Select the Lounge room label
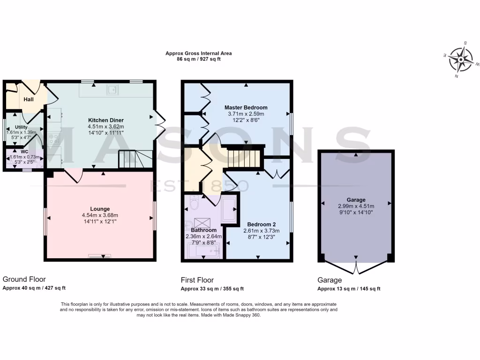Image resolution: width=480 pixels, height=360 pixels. pyautogui.click(x=100, y=209)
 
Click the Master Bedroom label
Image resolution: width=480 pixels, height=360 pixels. pyautogui.click(x=246, y=107)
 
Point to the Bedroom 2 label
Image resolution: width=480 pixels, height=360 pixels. pyautogui.click(x=261, y=224)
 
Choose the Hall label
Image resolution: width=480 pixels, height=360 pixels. pyautogui.click(x=29, y=99)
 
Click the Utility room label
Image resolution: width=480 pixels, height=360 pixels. pyautogui.click(x=21, y=127)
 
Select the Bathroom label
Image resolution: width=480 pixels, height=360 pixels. pyautogui.click(x=203, y=230)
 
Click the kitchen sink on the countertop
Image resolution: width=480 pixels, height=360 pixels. pyautogui.click(x=112, y=90)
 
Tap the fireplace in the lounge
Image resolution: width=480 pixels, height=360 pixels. pyautogui.click(x=100, y=256)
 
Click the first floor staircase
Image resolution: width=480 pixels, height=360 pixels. pyautogui.click(x=244, y=157)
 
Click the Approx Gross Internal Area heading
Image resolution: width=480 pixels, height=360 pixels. pyautogui.click(x=198, y=53)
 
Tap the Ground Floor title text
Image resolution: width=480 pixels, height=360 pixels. pyautogui.click(x=24, y=279)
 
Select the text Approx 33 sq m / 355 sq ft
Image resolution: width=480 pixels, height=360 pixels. pyautogui.click(x=212, y=289)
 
